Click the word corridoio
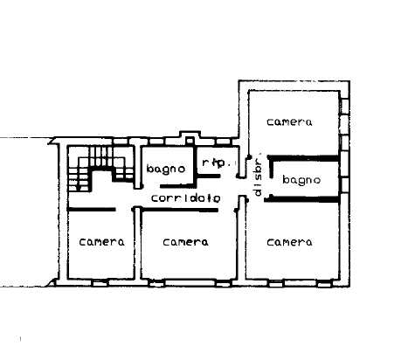[186, 198]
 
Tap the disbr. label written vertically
[258, 174]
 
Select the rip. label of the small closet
[216, 163]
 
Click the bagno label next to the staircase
[166, 170]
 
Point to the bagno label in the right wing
[301, 180]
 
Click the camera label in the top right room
[289, 121]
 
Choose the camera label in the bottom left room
[101, 242]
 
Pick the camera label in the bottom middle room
[185, 242]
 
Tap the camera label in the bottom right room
[289, 242]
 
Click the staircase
[100, 169]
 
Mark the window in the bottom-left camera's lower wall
[100, 282]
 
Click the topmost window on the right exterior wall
[345, 107]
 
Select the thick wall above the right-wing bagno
[303, 158]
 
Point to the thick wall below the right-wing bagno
[302, 199]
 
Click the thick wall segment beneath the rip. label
[208, 176]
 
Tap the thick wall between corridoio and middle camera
[180, 210]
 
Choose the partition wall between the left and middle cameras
[137, 243]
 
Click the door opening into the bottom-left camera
[125, 210]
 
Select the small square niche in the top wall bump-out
[190, 140]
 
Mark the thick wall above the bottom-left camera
[92, 210]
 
